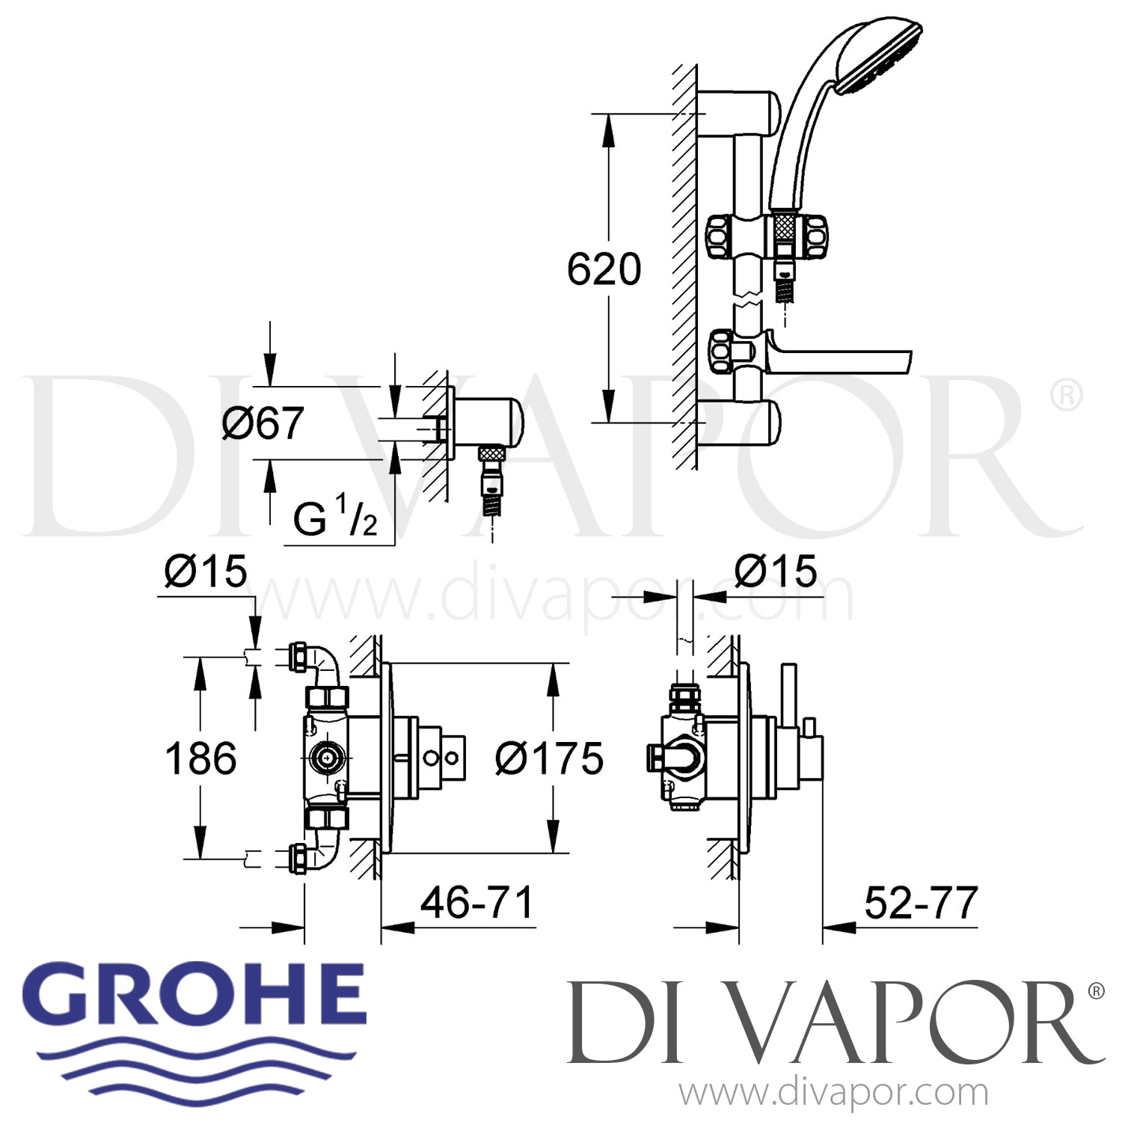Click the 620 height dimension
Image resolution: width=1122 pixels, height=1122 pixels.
[x=604, y=269]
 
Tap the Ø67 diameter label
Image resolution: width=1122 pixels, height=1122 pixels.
[x=263, y=423]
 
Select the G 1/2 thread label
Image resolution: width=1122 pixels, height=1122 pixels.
[x=335, y=518]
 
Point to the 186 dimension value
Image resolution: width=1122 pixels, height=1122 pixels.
[x=200, y=758]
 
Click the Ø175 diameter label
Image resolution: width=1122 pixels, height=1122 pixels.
[x=549, y=759]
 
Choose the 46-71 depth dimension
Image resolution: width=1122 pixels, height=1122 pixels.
[x=476, y=902]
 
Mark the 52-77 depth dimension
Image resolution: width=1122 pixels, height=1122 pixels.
[x=921, y=902]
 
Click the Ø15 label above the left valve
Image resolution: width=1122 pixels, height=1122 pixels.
[x=206, y=572]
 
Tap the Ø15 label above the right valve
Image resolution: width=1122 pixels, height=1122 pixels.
[x=776, y=572]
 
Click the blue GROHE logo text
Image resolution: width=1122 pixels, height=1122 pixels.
[x=200, y=998]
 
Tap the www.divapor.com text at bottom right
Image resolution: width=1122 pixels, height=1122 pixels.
[x=834, y=1092]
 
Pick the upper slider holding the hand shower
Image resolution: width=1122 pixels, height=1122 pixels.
[x=767, y=236]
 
